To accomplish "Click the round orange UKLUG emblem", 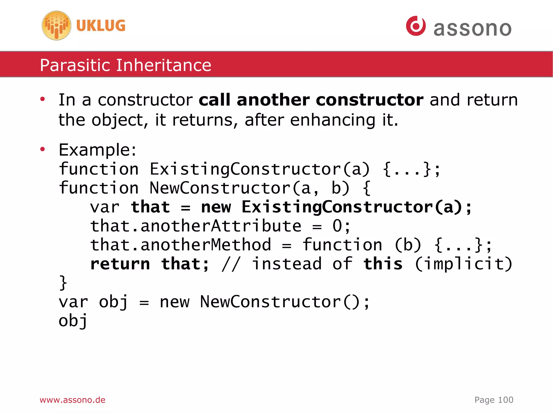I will pyautogui.click(x=56, y=26).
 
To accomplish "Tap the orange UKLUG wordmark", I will pyautogui.click(x=101, y=26).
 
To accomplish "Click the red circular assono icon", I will pyautogui.click(x=416, y=26).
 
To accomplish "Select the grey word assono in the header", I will pyautogui.click(x=472, y=28).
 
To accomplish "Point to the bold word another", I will pyautogui.click(x=273, y=100).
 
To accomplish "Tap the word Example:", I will pyautogui.click(x=97, y=150).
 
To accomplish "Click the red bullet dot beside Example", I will pyautogui.click(x=42, y=149).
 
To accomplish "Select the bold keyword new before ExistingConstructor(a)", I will pyautogui.click(x=216, y=207).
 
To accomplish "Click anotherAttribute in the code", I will pyautogui.click(x=221, y=226).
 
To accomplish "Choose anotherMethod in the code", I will pyautogui.click(x=205, y=245).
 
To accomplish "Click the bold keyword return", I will pyautogui.click(x=120, y=264).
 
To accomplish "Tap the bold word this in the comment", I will pyautogui.click(x=383, y=264).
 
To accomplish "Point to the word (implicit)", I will pyautogui.click(x=463, y=264).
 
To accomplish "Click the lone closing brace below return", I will pyautogui.click(x=63, y=283).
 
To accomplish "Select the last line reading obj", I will pyautogui.click(x=73, y=321).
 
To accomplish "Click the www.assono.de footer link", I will pyautogui.click(x=72, y=400).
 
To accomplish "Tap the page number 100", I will pyautogui.click(x=505, y=400).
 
